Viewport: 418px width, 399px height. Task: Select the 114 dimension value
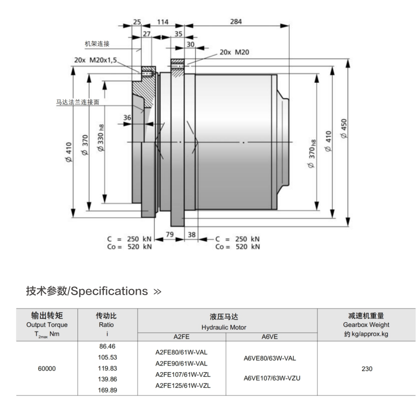click(x=162, y=22)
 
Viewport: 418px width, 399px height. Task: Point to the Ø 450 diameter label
click(x=344, y=128)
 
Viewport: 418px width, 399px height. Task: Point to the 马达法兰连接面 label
click(x=78, y=102)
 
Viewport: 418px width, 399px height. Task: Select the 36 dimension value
click(x=127, y=117)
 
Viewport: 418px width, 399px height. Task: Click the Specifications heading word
click(x=108, y=292)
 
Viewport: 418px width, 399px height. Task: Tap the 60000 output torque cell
click(x=47, y=369)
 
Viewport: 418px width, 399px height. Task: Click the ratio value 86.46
click(x=107, y=347)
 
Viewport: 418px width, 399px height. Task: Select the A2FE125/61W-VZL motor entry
click(x=183, y=385)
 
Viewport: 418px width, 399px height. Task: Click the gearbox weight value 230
click(x=367, y=369)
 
